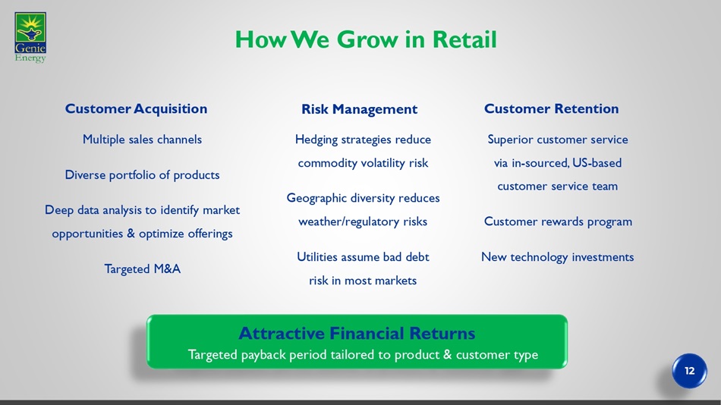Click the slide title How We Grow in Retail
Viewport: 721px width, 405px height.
coord(366,39)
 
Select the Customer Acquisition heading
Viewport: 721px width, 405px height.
coord(136,109)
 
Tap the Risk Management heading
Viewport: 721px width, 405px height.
coord(360,109)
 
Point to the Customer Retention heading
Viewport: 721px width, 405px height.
coord(551,109)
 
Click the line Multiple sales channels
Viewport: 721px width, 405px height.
coord(142,140)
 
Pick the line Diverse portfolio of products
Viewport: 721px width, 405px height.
coord(142,175)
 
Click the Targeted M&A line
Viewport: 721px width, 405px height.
coord(142,269)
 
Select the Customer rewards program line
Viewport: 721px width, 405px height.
coord(558,221)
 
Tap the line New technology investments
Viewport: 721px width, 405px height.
coord(557,257)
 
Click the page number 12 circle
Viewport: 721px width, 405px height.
coord(689,371)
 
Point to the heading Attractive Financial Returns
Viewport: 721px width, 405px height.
coord(357,333)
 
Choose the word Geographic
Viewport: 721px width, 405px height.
coord(316,198)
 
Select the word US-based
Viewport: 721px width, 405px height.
coord(597,163)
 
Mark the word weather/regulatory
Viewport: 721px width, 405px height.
coord(349,221)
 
